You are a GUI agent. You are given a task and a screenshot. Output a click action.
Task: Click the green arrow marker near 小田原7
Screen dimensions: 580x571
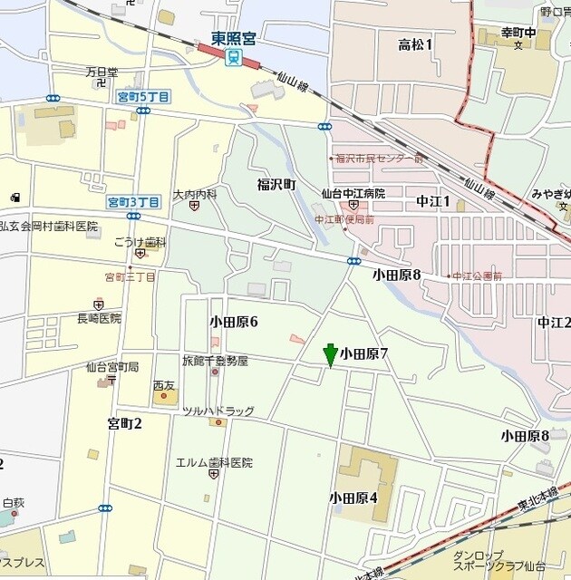pos(331,354)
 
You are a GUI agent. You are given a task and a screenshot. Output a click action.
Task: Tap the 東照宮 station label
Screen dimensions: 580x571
pos(233,39)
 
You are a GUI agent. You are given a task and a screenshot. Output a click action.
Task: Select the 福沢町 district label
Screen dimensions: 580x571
pos(276,185)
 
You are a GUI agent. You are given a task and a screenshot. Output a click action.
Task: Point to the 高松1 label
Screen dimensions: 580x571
pos(416,43)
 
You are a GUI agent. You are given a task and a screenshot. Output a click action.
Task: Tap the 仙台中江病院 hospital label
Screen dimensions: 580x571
pos(353,194)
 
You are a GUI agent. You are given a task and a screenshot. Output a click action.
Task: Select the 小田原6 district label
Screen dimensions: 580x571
pos(234,322)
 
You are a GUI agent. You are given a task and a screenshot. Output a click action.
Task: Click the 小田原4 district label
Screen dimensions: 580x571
pos(353,497)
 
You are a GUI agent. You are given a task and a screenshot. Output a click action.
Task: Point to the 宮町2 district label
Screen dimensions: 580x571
pos(125,423)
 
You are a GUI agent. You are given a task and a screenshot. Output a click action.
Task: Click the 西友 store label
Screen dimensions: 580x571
pos(164,386)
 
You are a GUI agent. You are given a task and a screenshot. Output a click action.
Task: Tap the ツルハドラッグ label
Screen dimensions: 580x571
pos(218,411)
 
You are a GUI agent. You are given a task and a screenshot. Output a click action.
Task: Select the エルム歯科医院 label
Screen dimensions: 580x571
pos(214,462)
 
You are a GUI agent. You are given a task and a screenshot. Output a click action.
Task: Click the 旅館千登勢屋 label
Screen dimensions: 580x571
pos(215,361)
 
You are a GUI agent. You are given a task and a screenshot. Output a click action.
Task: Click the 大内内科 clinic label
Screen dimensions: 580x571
pos(195,194)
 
